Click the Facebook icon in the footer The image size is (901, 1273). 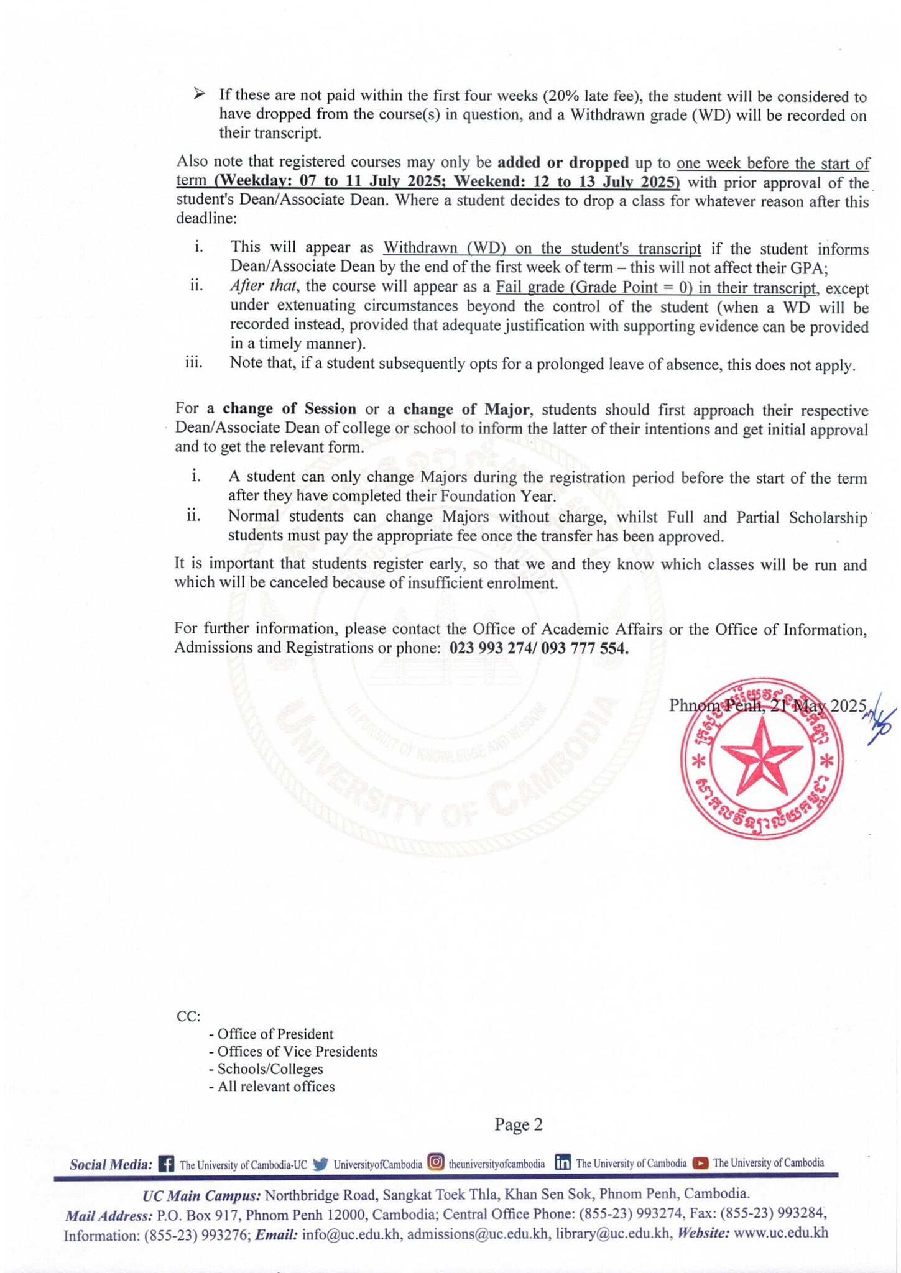tap(166, 1164)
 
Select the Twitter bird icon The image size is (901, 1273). tap(320, 1164)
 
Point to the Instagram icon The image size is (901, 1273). tap(437, 1162)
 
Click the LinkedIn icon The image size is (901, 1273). tap(562, 1162)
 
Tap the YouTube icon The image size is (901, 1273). tap(700, 1162)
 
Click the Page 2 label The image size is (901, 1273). tap(518, 1124)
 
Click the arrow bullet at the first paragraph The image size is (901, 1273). tap(199, 94)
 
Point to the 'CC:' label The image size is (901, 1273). tap(188, 1016)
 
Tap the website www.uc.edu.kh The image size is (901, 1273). tap(780, 1233)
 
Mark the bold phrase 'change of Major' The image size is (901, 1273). tap(466, 409)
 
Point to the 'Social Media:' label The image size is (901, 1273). tap(111, 1164)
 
